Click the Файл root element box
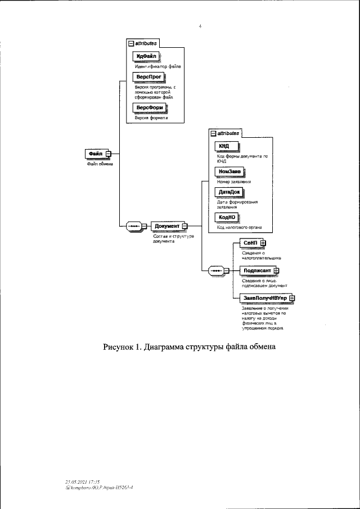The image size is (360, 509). tap(95, 154)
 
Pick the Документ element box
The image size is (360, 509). tap(167, 226)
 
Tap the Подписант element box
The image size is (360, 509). tap(256, 271)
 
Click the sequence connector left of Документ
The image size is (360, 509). tap(135, 226)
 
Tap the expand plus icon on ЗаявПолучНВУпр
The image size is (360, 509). tap(292, 298)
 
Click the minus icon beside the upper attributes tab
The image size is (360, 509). tap(130, 42)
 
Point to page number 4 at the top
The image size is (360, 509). tap(200, 26)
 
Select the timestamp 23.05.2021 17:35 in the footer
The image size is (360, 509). tap(82, 482)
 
